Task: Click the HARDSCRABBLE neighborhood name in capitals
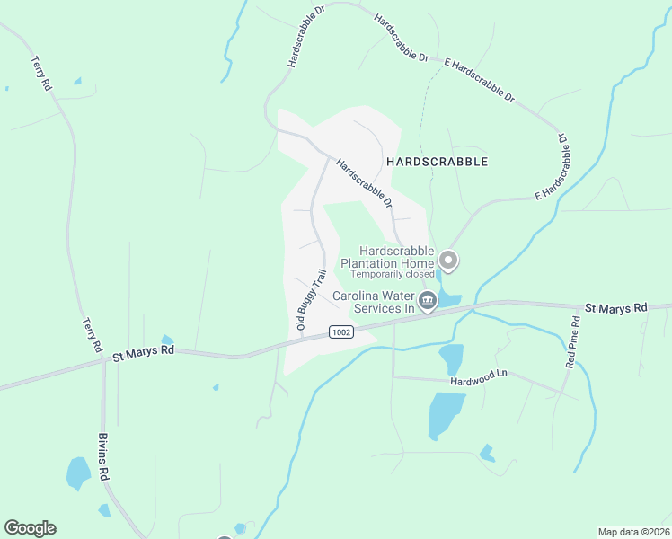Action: coord(437,162)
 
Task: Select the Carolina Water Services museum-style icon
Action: coord(428,300)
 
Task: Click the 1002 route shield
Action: coord(340,331)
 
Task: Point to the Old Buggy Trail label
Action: coord(312,302)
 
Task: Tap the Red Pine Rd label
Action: coord(573,341)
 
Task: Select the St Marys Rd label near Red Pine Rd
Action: coord(615,308)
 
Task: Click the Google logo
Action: coord(30,528)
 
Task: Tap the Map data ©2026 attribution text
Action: coord(634,532)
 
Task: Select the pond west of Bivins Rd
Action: coord(77,471)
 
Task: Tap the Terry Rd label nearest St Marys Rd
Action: coord(92,333)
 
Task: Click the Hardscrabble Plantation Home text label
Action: coord(396,257)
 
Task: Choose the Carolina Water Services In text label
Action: coord(374,302)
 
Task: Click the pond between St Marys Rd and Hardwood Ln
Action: coord(452,358)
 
